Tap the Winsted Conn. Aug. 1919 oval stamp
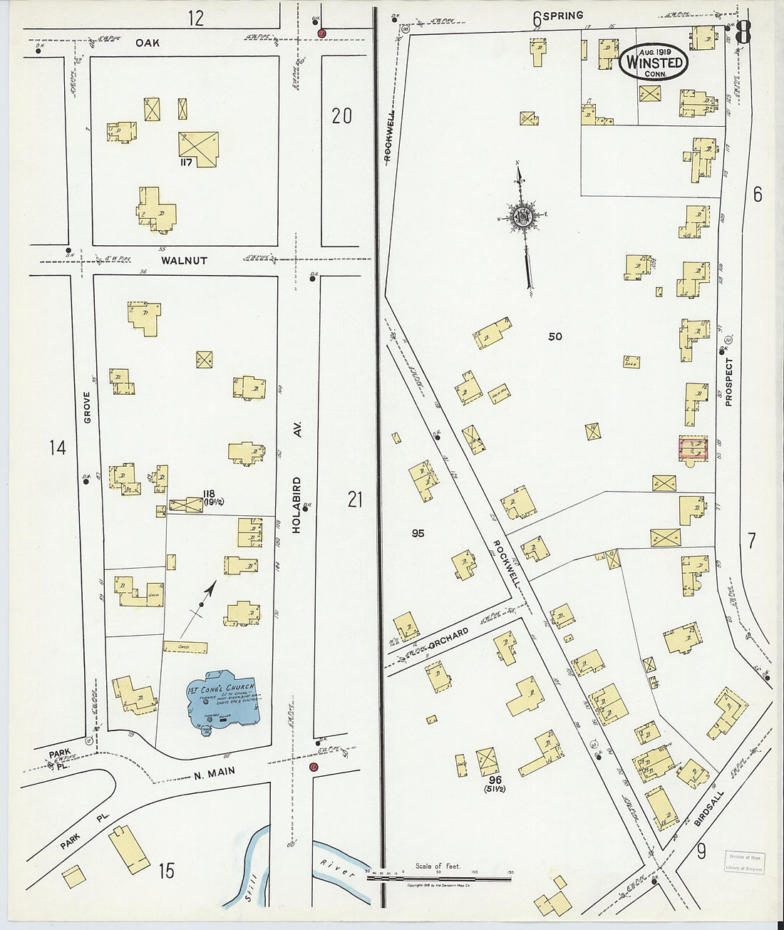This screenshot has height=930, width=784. coord(654,63)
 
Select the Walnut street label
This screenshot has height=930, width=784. coord(184,261)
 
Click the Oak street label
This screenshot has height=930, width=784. coord(148,43)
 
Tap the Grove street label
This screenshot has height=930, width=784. coord(88,408)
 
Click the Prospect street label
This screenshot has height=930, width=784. coord(728,382)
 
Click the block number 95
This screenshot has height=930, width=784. coord(418,533)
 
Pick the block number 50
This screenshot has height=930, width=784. coord(555,336)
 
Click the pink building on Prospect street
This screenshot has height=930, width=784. coord(693,448)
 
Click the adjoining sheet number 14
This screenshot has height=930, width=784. coord(57,448)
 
